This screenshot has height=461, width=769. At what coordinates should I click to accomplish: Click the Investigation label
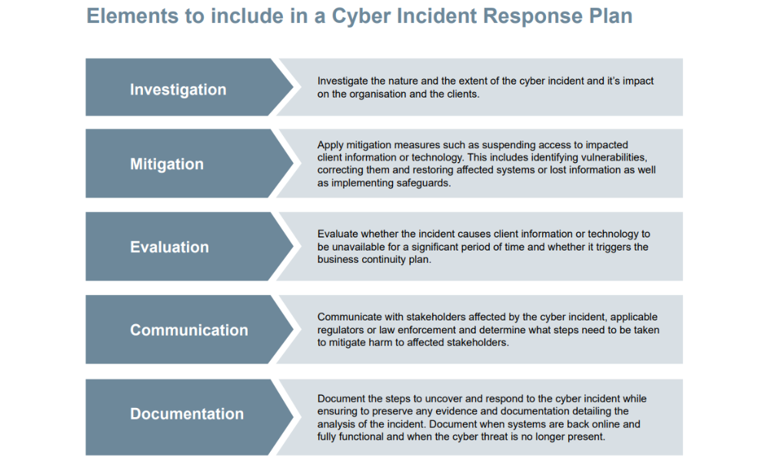tap(178, 90)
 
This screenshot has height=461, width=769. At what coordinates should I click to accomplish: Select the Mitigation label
tap(167, 164)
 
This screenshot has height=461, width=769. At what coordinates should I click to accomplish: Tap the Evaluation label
tap(169, 247)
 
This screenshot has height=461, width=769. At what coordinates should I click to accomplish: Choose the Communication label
tap(188, 330)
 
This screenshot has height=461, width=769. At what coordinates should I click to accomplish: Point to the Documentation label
tap(187, 414)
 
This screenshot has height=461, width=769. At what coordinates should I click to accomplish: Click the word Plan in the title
tap(608, 16)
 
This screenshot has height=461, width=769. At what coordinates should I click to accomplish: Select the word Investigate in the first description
tap(342, 81)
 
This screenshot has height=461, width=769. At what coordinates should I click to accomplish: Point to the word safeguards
tap(425, 184)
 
